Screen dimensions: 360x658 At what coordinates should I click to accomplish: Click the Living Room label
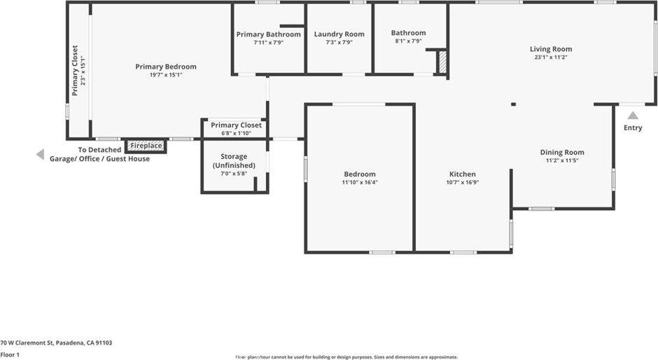(x=551, y=49)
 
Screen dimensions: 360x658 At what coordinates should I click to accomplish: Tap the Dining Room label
(x=561, y=152)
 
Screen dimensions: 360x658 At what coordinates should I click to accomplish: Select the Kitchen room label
(x=462, y=174)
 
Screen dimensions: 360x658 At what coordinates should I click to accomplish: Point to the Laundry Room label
(x=339, y=34)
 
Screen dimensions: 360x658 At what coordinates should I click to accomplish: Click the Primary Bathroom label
(x=268, y=34)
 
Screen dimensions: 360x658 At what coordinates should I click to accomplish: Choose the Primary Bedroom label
(x=166, y=67)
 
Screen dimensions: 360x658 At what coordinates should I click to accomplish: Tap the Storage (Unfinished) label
(x=234, y=160)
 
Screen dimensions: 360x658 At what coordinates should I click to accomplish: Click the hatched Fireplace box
(x=146, y=146)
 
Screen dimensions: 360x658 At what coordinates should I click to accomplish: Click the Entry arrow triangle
(x=633, y=116)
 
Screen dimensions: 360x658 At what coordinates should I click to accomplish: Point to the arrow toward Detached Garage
(x=40, y=155)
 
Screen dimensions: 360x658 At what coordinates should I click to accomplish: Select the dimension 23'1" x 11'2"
(x=551, y=57)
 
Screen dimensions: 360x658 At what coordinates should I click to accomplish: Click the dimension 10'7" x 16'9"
(x=462, y=182)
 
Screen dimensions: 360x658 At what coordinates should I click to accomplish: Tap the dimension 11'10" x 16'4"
(x=359, y=182)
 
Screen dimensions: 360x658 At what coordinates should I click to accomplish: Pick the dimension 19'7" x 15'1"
(x=166, y=75)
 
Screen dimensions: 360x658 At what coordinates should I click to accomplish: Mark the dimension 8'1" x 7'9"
(x=408, y=41)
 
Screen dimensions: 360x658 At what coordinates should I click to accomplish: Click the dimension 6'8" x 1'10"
(x=236, y=133)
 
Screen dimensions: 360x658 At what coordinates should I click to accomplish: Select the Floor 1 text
(x=10, y=355)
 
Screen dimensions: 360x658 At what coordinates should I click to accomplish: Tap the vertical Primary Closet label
(x=75, y=70)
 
